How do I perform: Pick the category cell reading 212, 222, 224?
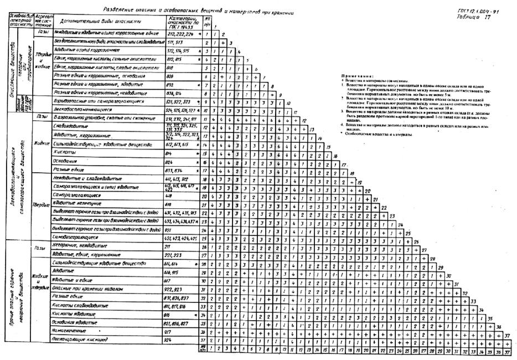point(180,33)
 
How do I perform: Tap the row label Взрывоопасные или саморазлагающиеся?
point(100,102)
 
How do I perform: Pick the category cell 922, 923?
point(174,289)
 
